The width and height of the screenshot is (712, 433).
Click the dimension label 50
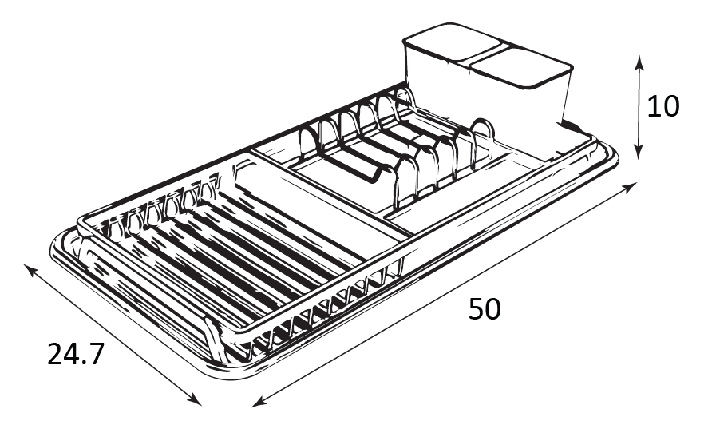(485, 309)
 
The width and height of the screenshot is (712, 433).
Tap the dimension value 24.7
(76, 355)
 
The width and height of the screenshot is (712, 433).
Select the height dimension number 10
(663, 107)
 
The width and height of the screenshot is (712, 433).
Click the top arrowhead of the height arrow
(639, 62)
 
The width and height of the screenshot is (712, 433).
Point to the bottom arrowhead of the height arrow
(639, 152)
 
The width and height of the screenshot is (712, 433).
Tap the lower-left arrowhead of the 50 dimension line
(259, 401)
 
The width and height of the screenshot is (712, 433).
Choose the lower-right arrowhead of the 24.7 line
(194, 399)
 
